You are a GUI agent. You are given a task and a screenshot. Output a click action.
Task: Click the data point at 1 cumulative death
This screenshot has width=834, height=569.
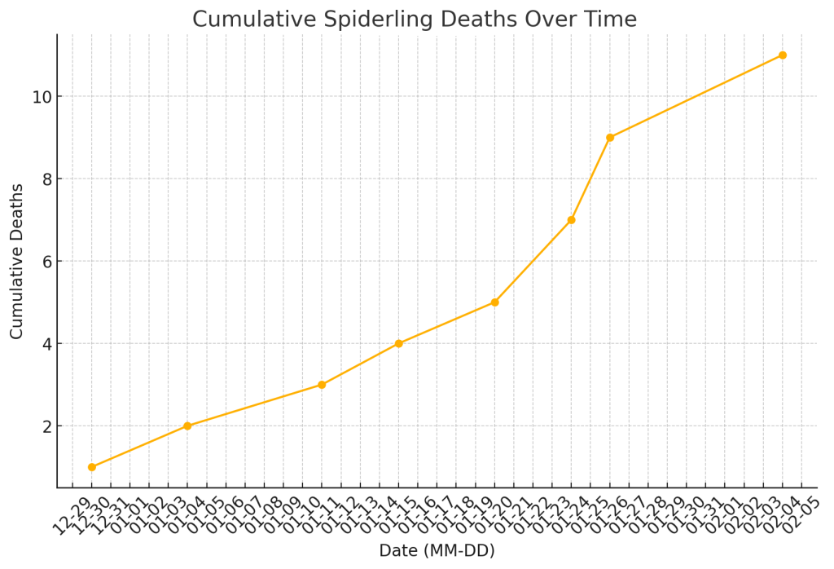pyautogui.click(x=91, y=467)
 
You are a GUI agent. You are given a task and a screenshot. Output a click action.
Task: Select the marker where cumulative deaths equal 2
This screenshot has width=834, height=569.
pyautogui.click(x=187, y=426)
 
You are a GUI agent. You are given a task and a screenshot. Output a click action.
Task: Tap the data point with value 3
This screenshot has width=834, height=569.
pyautogui.click(x=322, y=385)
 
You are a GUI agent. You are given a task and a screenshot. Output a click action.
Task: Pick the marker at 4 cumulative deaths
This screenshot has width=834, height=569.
pyautogui.click(x=398, y=343)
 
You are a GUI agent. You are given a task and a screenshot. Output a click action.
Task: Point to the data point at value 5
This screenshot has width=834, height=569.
pyautogui.click(x=494, y=302)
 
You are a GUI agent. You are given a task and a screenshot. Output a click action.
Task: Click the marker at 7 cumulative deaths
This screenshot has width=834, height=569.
pyautogui.click(x=571, y=220)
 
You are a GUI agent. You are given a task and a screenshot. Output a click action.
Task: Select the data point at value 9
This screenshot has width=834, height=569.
pyautogui.click(x=610, y=138)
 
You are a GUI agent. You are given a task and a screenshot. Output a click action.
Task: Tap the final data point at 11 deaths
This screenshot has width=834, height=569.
pyautogui.click(x=783, y=55)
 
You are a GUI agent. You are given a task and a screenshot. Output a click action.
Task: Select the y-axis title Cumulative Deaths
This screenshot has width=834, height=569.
pyautogui.click(x=17, y=261)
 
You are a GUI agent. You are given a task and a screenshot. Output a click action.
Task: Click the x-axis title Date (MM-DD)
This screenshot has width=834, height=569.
pyautogui.click(x=437, y=551)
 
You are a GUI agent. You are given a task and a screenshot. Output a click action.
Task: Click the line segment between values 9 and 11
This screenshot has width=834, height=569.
pyautogui.click(x=696, y=96)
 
